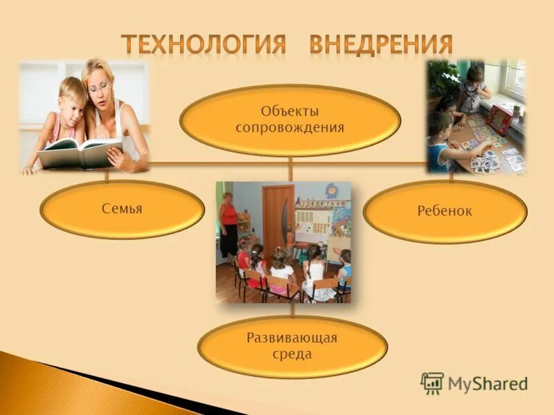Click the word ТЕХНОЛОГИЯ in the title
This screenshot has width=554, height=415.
tap(204, 44)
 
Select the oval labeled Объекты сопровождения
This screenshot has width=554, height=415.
tap(290, 120)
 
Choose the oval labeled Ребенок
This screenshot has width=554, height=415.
tap(445, 212)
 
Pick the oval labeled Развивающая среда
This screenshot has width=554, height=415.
tap(292, 347)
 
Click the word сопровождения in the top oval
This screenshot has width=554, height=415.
tap(290, 128)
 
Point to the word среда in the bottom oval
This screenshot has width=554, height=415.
tap(292, 355)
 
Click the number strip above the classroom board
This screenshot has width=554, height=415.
tap(319, 203)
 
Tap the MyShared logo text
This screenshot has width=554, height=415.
tap(488, 383)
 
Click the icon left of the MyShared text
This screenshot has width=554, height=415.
tap(432, 383)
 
